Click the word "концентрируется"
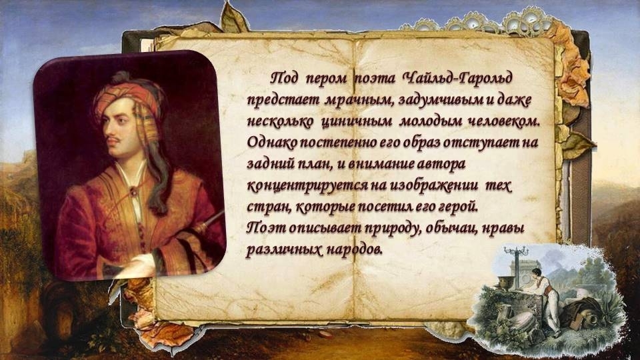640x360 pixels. pyautogui.click(x=309, y=186)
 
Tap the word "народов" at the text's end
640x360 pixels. pyautogui.click(x=353, y=249)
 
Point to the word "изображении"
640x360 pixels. pyautogui.click(x=434, y=186)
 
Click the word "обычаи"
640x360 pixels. pyautogui.click(x=451, y=229)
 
